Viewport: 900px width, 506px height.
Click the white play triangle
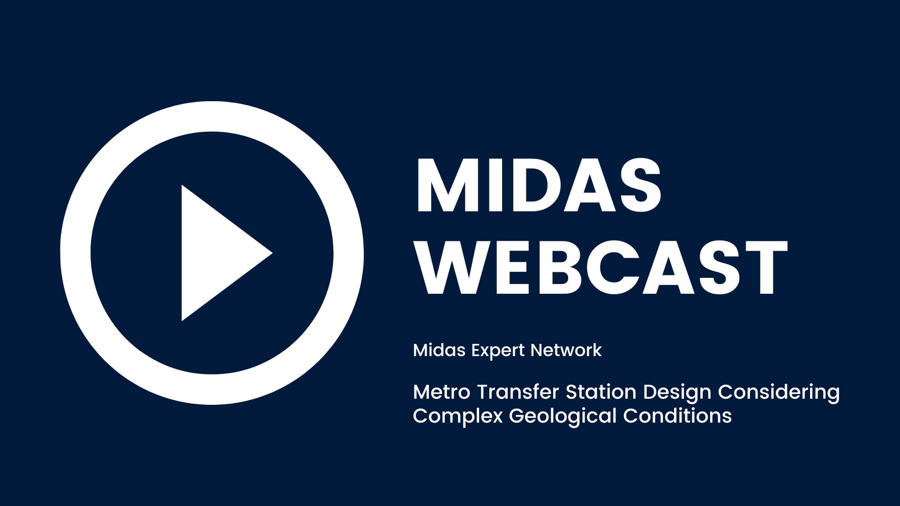pos(220,253)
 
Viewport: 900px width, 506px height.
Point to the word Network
pos(566,350)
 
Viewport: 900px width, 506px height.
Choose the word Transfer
pos(518,392)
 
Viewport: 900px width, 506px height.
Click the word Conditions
pos(677,416)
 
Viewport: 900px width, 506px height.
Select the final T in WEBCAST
pos(763,268)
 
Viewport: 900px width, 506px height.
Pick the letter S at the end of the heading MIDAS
pos(639,186)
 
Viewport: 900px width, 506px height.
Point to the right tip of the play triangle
pos(272,253)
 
